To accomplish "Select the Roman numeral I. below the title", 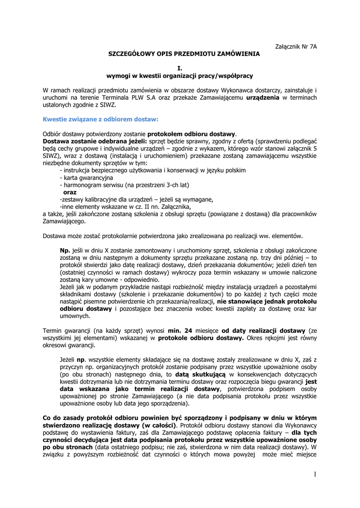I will coord(180,68).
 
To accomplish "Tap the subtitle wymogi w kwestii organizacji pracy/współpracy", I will coord(180,75).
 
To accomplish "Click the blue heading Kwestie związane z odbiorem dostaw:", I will coord(101,119).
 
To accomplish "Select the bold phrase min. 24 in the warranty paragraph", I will coord(180,330).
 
